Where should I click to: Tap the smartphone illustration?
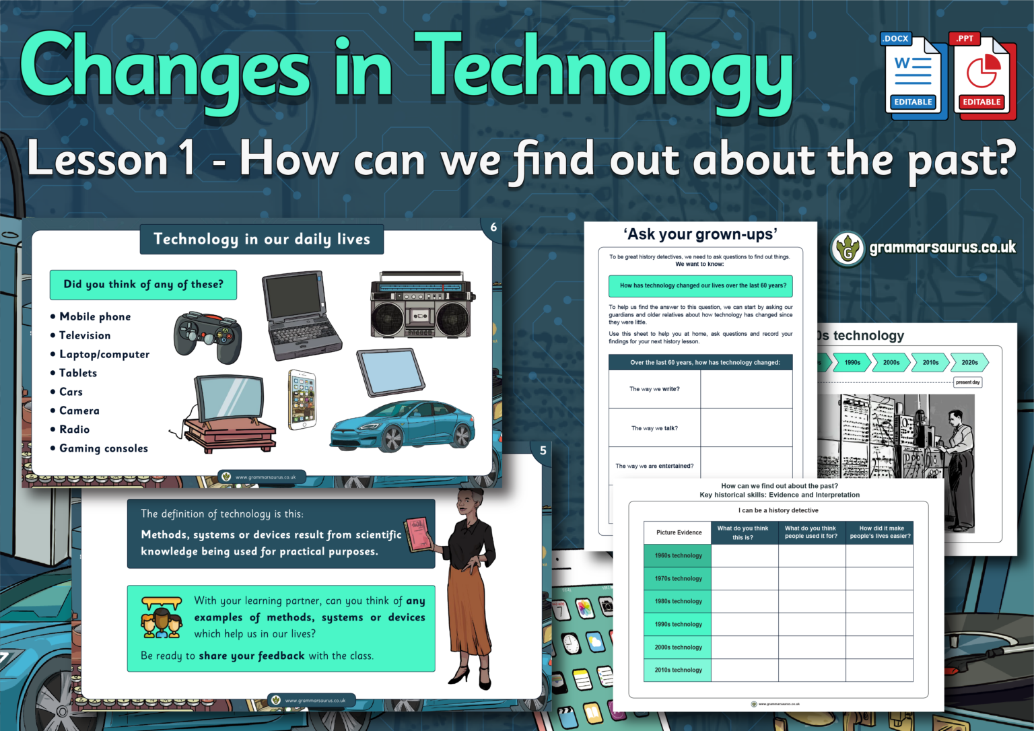302,399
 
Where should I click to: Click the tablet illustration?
390,372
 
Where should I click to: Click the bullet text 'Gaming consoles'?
104,448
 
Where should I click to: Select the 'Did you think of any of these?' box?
143,285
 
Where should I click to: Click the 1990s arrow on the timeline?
852,362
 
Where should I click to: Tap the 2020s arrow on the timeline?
969,362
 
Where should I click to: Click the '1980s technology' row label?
678,601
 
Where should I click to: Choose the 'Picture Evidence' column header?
679,532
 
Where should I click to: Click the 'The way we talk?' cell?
654,428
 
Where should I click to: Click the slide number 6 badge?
493,228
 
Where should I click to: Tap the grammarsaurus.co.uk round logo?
848,249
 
